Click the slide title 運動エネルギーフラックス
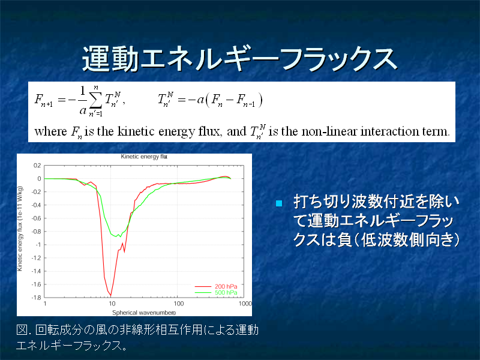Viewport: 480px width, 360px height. [239, 59]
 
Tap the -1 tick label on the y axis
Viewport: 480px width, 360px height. [38, 245]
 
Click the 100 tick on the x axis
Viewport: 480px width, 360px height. [178, 304]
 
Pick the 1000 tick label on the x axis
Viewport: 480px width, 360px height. [245, 304]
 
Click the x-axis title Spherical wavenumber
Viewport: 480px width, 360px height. [144, 313]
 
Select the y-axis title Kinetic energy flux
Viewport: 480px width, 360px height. [20, 229]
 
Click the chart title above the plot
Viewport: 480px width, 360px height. [144, 157]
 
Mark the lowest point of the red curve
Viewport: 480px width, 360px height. [110, 295]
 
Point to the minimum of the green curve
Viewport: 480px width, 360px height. [116, 236]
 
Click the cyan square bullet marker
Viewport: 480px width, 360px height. [279, 203]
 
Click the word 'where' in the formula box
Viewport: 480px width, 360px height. [50, 131]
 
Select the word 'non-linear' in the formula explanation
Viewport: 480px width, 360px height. [329, 131]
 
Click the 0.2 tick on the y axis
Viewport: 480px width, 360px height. [37, 166]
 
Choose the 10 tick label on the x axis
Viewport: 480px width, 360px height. [112, 304]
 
